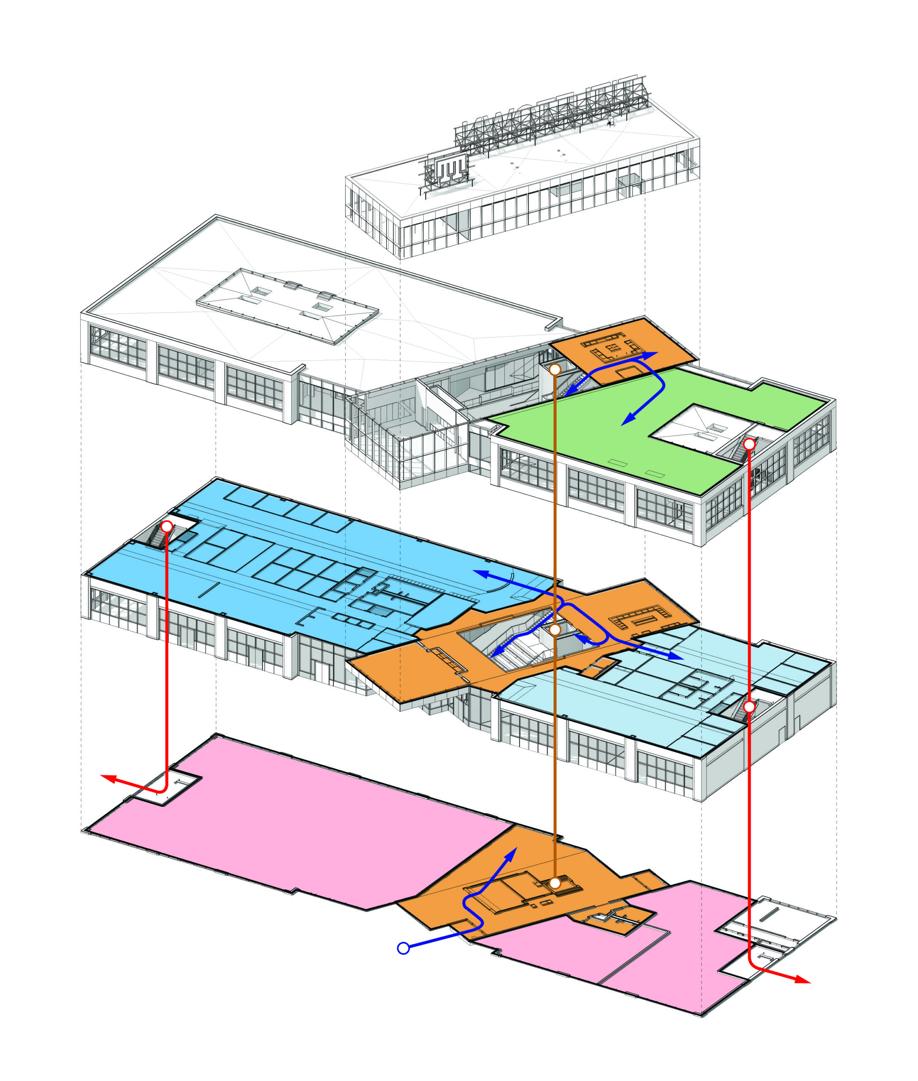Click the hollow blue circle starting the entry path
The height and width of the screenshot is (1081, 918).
point(403,948)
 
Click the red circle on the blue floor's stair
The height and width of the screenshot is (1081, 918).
point(167,527)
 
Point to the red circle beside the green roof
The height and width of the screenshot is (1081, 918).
point(749,444)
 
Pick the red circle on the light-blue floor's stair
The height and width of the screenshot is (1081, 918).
point(749,706)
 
